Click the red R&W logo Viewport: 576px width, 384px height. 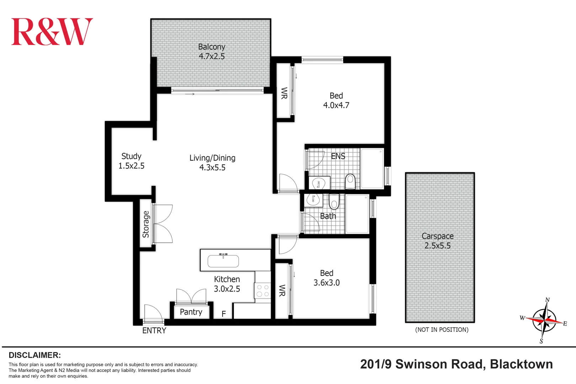coord(52,32)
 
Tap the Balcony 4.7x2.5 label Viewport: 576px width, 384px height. coord(212,52)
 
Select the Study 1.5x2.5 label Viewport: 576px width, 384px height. coord(131,161)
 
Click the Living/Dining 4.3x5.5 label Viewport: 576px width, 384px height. coord(212,163)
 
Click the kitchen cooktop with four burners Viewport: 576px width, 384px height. coord(263,290)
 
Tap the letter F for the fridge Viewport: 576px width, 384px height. coord(224,314)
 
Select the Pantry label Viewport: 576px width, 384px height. coord(191,312)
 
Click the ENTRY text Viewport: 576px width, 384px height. coord(154,331)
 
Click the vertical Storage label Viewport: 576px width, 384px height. coord(146,224)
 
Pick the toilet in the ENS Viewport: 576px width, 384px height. coord(350,182)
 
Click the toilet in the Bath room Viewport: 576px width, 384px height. coord(334,202)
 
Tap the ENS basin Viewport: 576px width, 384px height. coord(319,184)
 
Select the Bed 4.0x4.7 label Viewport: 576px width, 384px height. coord(336,101)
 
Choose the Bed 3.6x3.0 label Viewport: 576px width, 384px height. coord(326,278)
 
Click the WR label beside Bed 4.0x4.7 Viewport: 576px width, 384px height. coord(284,93)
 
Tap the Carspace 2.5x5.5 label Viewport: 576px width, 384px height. coord(437,241)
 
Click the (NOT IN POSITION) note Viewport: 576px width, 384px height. coord(442,330)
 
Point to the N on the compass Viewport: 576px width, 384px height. coord(548,300)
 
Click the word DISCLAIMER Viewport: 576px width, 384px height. coord(34,355)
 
